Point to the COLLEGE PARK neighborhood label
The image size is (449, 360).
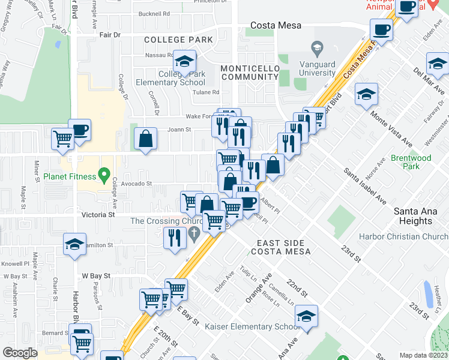click(x=178, y=40)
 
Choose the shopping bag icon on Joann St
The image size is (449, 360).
click(x=145, y=139)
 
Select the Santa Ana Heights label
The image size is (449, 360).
click(x=421, y=216)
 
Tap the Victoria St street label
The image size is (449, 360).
click(x=98, y=214)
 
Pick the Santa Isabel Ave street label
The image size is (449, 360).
click(x=364, y=186)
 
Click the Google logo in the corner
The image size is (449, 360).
click(x=20, y=353)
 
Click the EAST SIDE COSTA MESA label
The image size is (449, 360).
click(x=283, y=247)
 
